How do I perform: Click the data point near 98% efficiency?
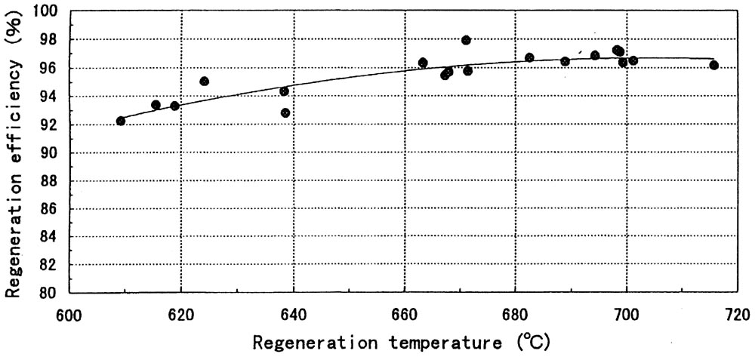466,40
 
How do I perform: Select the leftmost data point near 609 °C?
121,121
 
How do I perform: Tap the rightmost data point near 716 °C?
713,65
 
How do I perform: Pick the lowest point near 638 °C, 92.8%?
285,112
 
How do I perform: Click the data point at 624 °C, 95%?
204,81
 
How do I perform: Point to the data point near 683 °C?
529,57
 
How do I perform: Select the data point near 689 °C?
565,61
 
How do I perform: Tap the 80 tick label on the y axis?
54,292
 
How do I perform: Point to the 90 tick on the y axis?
54,152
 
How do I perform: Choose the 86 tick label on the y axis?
54,208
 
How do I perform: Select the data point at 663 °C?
423,63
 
